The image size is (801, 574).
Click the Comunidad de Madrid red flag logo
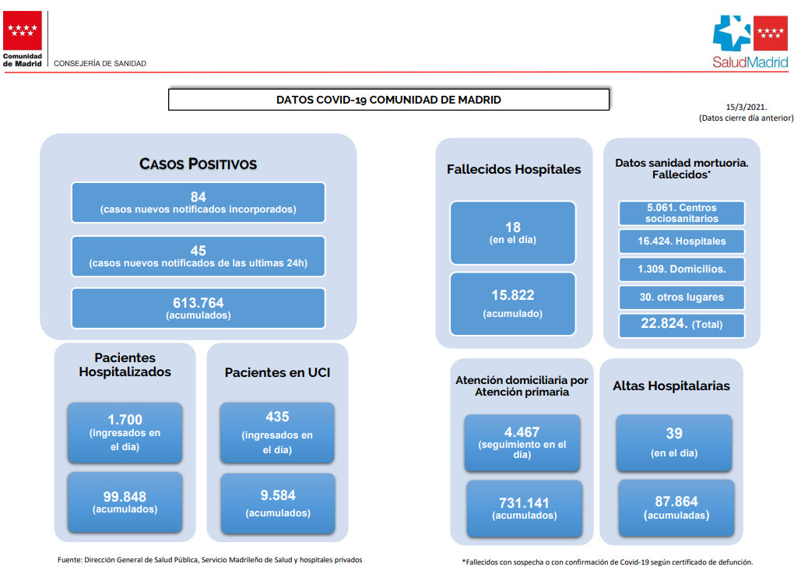(x=23, y=30)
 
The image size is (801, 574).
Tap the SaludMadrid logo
(x=750, y=42)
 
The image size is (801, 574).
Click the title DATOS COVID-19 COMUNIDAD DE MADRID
(x=388, y=100)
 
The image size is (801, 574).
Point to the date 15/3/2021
(x=747, y=107)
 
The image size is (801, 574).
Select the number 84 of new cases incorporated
(x=198, y=197)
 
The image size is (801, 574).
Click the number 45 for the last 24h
(x=198, y=251)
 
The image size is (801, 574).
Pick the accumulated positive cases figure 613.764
(x=198, y=303)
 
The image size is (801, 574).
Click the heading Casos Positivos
(x=198, y=164)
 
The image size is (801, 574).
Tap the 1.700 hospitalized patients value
(x=125, y=420)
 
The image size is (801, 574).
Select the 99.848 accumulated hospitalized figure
(x=125, y=496)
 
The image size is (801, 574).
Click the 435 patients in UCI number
(x=277, y=417)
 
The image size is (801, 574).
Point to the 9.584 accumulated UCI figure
(x=278, y=495)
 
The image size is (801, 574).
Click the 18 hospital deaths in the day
(x=513, y=227)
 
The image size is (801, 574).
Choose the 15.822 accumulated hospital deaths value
(x=513, y=295)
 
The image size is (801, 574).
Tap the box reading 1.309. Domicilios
(x=681, y=269)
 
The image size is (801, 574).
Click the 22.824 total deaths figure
(x=664, y=323)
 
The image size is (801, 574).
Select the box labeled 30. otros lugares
(x=681, y=298)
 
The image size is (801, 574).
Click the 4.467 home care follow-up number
(x=522, y=432)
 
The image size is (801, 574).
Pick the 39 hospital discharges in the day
(x=674, y=434)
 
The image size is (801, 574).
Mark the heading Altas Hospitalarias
(x=671, y=386)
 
